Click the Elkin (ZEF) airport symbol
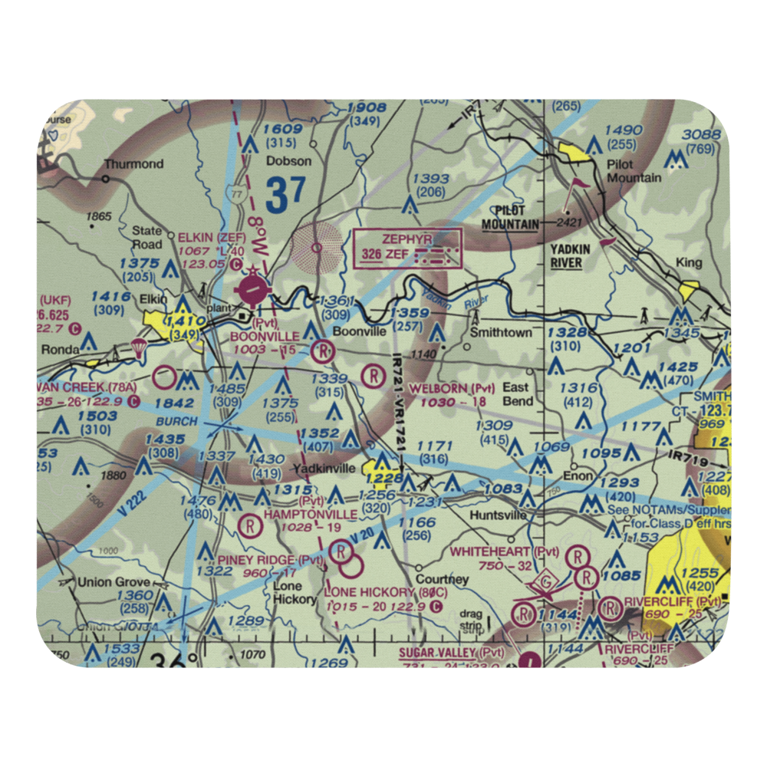pyautogui.click(x=254, y=290)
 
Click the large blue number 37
pyautogui.click(x=285, y=195)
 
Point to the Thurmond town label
pyautogui.click(x=134, y=163)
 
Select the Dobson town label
pyautogui.click(x=288, y=161)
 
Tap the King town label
pyautogui.click(x=689, y=262)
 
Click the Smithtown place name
pyautogui.click(x=501, y=333)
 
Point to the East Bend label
pyautogui.click(x=517, y=394)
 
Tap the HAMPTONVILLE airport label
pyautogui.click(x=311, y=513)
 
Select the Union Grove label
pyautogui.click(x=114, y=582)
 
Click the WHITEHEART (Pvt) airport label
pyautogui.click(x=505, y=551)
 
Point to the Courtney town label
pyautogui.click(x=442, y=579)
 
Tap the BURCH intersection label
pyautogui.click(x=176, y=422)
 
